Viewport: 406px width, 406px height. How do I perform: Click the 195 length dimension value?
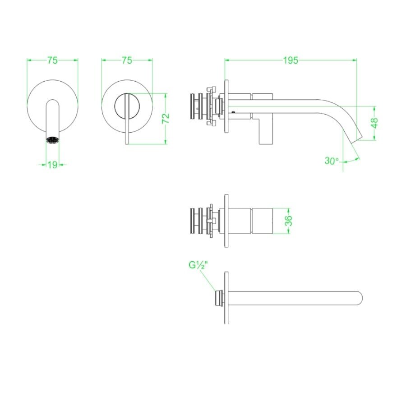click(x=291, y=60)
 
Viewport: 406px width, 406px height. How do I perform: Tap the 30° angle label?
click(x=332, y=161)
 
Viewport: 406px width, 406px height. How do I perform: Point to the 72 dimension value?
click(x=166, y=119)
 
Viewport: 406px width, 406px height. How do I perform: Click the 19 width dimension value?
click(x=52, y=165)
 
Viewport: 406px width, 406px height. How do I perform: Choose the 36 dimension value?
click(x=289, y=221)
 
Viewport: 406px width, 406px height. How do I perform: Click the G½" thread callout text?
click(x=198, y=265)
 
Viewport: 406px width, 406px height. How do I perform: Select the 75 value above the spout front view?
click(x=53, y=60)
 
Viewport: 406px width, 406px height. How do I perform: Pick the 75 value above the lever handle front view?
click(x=127, y=60)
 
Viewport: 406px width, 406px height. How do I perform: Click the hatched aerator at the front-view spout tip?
click(x=52, y=139)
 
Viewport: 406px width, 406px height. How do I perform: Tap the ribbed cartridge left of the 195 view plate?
click(x=197, y=109)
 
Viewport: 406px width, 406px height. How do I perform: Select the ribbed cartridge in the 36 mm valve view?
click(x=197, y=220)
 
